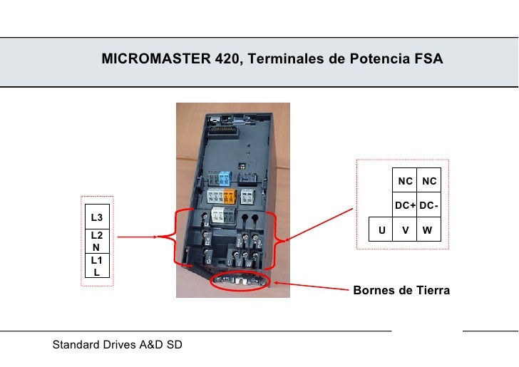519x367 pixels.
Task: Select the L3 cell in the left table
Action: click(x=96, y=217)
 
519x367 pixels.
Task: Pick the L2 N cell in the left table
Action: click(x=96, y=241)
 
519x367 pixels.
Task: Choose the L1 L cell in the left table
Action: click(x=96, y=267)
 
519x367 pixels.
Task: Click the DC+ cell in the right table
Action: click(x=405, y=206)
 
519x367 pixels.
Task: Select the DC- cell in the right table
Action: click(x=428, y=206)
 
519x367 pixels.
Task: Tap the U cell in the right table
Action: click(x=381, y=230)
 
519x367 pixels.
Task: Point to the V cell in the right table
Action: click(x=405, y=230)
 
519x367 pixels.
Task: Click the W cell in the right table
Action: click(x=428, y=230)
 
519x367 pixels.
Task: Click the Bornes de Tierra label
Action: click(x=401, y=290)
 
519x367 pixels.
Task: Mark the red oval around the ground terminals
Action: click(x=240, y=281)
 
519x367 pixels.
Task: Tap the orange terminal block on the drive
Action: click(x=230, y=197)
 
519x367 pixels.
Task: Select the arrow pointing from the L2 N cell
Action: click(x=135, y=237)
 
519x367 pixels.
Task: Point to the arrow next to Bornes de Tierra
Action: click(x=310, y=288)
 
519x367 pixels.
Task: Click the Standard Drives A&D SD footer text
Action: click(x=118, y=345)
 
